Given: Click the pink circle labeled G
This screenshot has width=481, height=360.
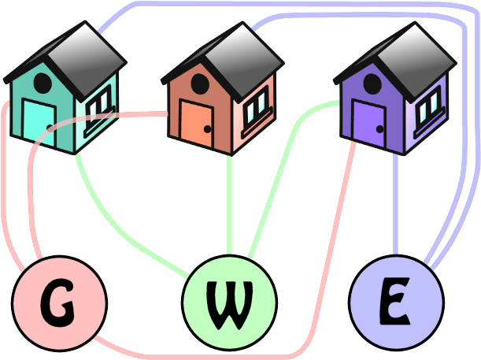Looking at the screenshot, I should tap(59, 302).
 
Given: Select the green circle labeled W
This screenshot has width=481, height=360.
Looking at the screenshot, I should tap(229, 302).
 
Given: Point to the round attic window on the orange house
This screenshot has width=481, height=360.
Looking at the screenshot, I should tap(198, 84).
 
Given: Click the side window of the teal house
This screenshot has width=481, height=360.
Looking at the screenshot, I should tap(99, 106).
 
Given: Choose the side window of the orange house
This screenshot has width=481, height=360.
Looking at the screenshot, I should tap(256, 107).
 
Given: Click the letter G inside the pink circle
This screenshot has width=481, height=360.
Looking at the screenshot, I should tap(59, 302).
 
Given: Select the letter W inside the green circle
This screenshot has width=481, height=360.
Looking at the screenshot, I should tap(229, 302).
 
